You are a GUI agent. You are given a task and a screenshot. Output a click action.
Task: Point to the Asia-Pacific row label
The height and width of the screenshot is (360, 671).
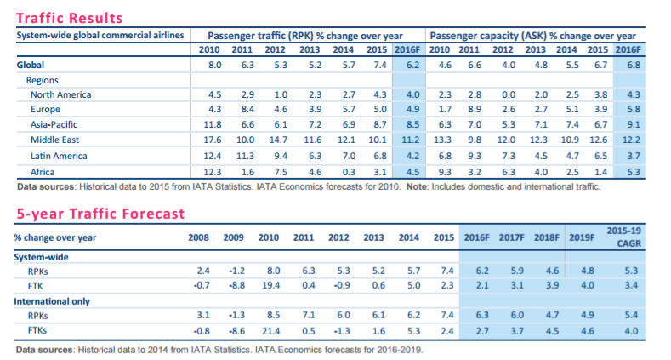56,124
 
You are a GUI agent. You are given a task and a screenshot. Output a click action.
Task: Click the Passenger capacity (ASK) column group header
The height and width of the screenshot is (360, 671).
533,37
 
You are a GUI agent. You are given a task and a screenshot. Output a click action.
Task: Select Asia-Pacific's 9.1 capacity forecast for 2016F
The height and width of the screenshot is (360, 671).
632,124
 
